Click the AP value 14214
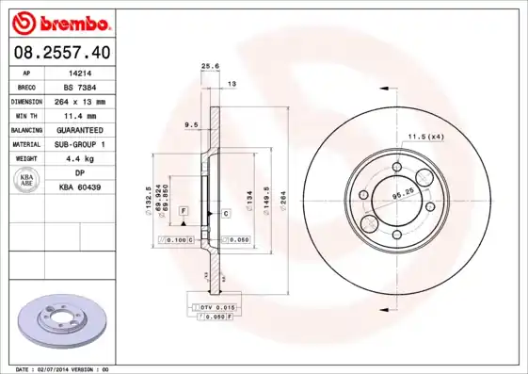click(80, 72)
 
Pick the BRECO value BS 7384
click(80, 86)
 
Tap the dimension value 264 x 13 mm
click(80, 101)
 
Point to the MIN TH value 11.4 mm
click(80, 115)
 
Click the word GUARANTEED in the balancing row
click(80, 129)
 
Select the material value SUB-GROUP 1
click(80, 143)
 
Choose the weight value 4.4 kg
click(80, 158)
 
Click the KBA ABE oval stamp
click(27, 181)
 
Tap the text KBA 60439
click(80, 187)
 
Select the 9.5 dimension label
click(192, 123)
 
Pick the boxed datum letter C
click(227, 214)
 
